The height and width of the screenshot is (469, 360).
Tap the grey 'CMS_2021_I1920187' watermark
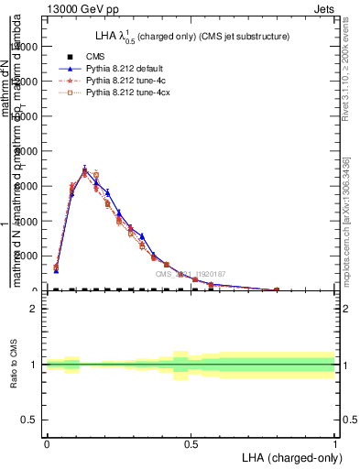(190, 273)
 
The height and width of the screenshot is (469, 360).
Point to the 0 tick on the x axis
(47, 443)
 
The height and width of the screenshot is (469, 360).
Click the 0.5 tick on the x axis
(191, 443)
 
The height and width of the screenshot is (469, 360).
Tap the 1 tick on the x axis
(334, 443)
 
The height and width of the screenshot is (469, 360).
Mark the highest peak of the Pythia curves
(84, 170)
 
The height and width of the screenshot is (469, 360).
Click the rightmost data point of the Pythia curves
(277, 289)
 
